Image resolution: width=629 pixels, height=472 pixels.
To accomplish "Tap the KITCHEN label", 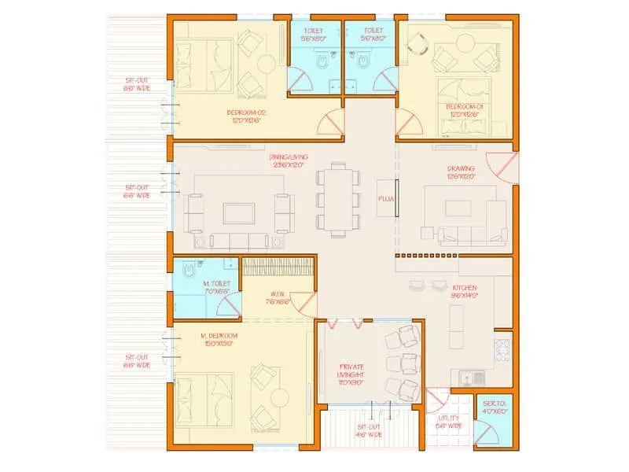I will [465, 292].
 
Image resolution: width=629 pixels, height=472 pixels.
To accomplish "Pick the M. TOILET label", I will [217, 287].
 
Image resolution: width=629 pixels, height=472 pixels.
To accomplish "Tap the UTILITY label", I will [449, 422].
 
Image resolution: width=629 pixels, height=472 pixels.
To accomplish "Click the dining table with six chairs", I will [339, 199].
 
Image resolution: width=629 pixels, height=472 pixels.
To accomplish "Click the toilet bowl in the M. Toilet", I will [186, 272].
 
